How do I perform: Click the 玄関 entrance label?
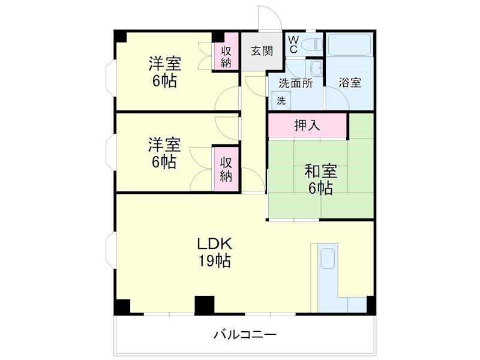coord(261,51)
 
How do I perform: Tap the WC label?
coord(293,44)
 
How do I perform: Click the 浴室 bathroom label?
coord(350,83)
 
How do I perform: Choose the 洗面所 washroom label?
coord(295,83)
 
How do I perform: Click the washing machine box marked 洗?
coord(281,101)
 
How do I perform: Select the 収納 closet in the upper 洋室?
coord(226,56)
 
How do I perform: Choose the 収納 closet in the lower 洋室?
coord(226,169)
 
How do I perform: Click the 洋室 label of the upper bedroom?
coord(164,63)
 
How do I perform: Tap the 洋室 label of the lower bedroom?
coord(164,145)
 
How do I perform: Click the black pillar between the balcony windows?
coord(205,305)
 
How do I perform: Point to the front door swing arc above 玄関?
coord(265,18)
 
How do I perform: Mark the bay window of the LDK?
coord(110,250)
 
